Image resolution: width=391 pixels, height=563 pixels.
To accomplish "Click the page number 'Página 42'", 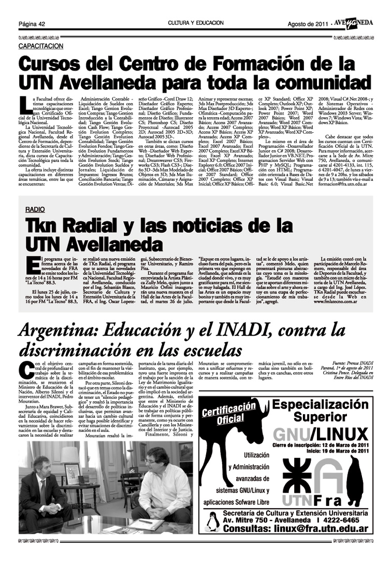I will (33, 24).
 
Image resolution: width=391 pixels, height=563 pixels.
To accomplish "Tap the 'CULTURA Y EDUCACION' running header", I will (196, 23).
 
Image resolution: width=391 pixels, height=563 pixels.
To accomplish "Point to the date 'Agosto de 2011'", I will (308, 24).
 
